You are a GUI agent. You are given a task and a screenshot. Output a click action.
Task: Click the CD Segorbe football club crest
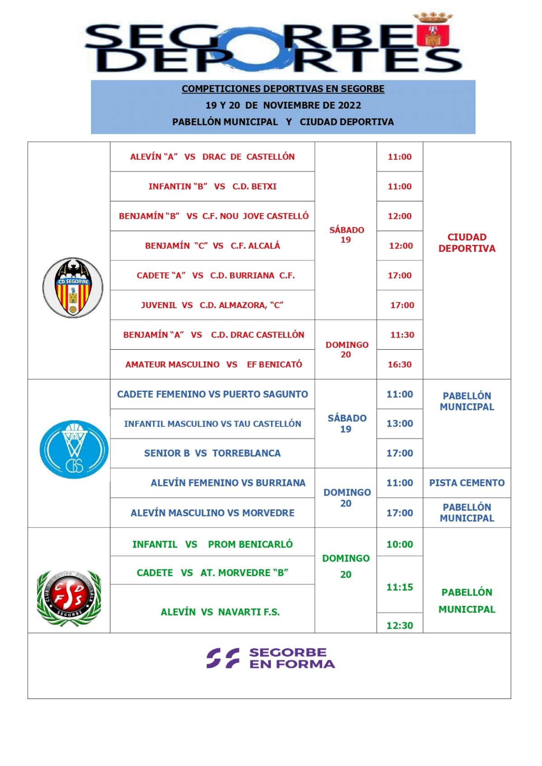pyautogui.click(x=73, y=287)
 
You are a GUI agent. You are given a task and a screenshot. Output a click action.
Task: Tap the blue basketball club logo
pyautogui.click(x=74, y=449)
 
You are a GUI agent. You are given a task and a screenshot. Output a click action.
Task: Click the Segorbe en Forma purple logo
pyautogui.click(x=271, y=658)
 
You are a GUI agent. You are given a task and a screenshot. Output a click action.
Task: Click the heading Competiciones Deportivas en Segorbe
pyautogui.click(x=283, y=89)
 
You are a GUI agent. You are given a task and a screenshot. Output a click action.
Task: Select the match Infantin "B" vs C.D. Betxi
pyautogui.click(x=212, y=186)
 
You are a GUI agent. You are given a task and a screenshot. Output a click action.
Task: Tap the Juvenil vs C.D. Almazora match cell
pyautogui.click(x=212, y=305)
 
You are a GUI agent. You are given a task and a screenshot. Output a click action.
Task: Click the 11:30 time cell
pyautogui.click(x=402, y=335)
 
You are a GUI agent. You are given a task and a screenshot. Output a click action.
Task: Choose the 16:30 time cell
pyautogui.click(x=400, y=365)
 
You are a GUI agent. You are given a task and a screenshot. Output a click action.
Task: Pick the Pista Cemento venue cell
pyautogui.click(x=467, y=483)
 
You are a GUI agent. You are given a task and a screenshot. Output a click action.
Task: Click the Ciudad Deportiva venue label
pyautogui.click(x=467, y=243)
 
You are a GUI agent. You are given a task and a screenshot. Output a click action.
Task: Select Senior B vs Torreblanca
pyautogui.click(x=212, y=453)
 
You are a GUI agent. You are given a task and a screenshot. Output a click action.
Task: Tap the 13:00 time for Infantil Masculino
pyautogui.click(x=400, y=424)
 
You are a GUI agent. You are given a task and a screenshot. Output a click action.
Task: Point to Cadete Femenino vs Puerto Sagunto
pyautogui.click(x=212, y=394)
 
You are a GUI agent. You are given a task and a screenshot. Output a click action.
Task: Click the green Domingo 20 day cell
pyautogui.click(x=346, y=566)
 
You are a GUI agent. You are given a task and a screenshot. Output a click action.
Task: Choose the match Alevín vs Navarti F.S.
pyautogui.click(x=220, y=612)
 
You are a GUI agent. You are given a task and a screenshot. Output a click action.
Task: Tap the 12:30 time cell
pyautogui.click(x=400, y=625)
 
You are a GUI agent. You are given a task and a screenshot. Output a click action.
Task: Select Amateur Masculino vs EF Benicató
pyautogui.click(x=214, y=365)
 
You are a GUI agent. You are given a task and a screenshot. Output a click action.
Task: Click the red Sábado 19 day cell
pyautogui.click(x=346, y=235)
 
